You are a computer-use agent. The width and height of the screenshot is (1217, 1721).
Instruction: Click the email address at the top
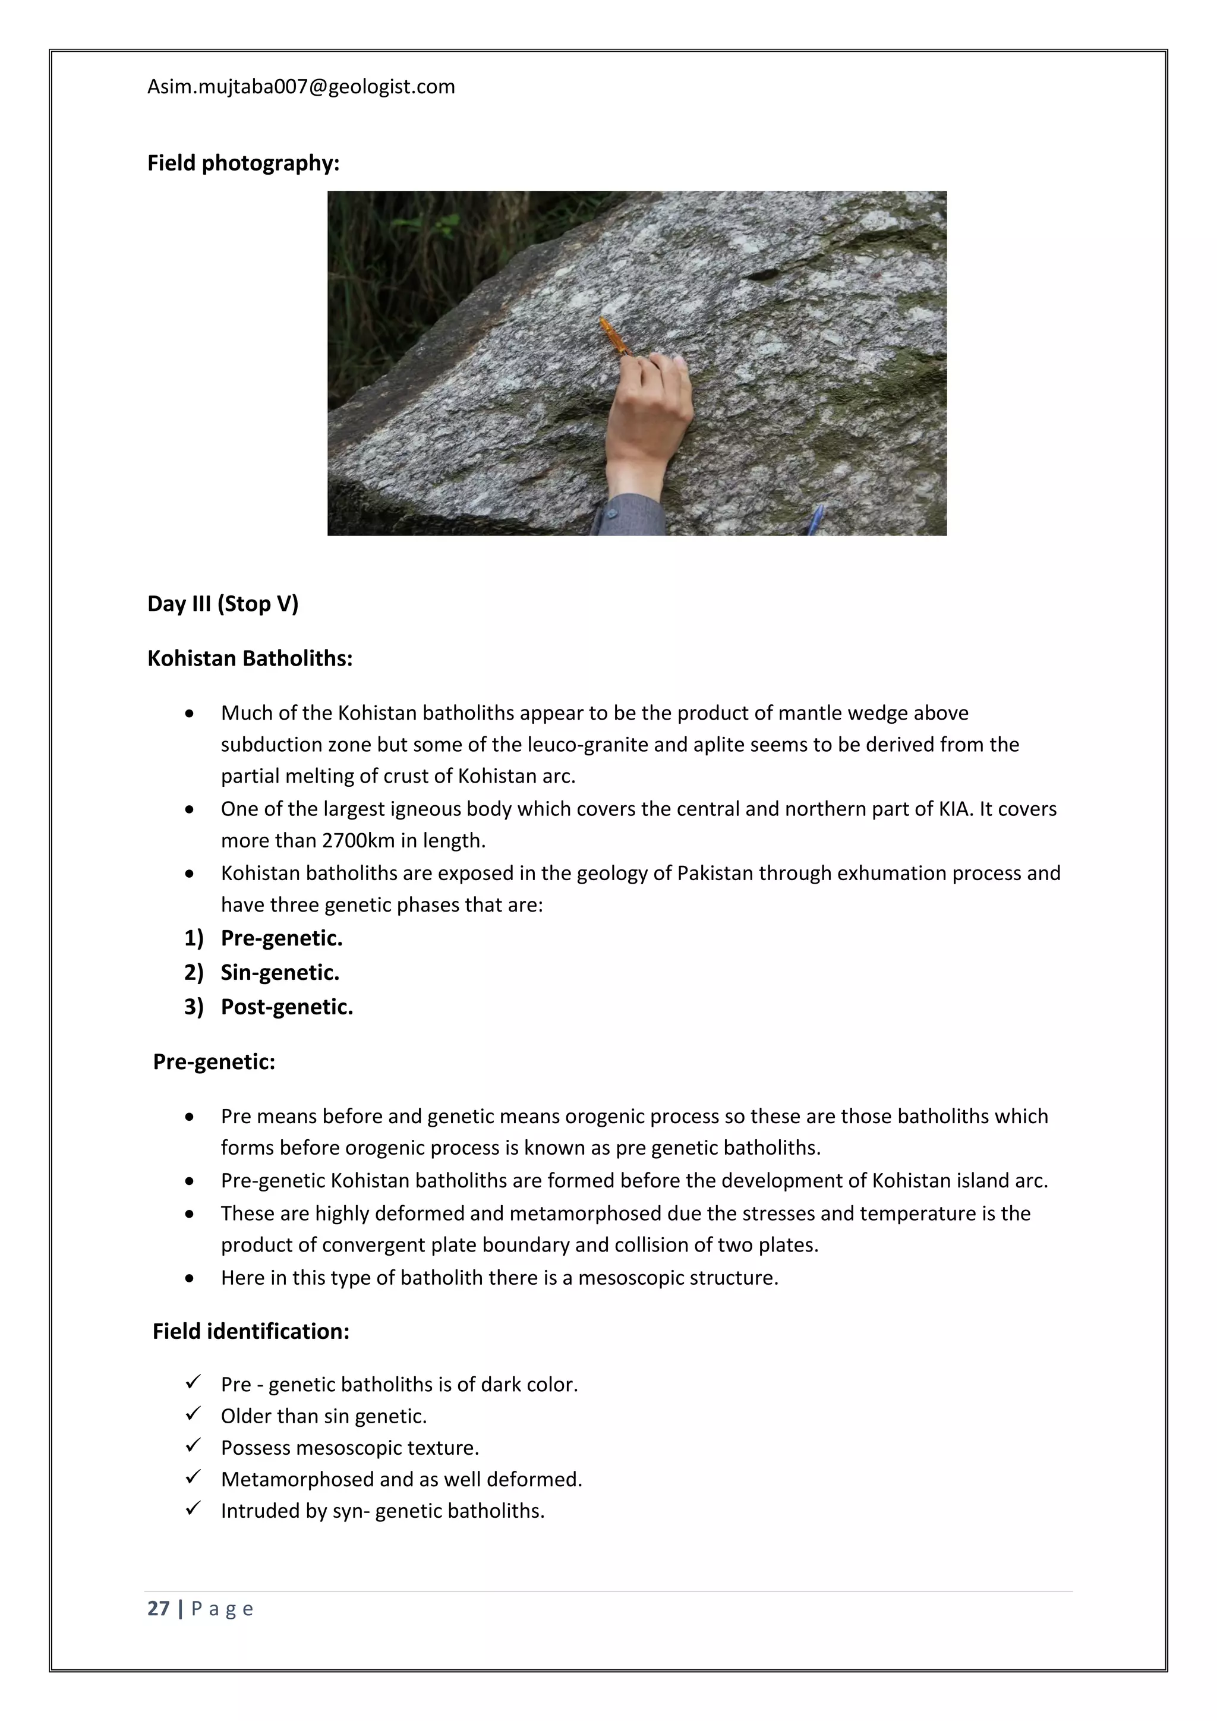point(301,87)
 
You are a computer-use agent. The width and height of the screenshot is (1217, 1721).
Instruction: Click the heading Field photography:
point(243,163)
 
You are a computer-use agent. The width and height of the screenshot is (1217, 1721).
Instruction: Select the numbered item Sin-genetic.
point(279,972)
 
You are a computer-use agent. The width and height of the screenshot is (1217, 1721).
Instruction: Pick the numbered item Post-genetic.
point(286,1007)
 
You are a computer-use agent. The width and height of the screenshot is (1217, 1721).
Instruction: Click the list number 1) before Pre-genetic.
point(193,938)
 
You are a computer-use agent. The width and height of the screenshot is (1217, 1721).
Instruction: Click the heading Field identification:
point(250,1331)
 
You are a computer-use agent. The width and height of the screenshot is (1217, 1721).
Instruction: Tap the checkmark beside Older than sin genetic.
point(193,1414)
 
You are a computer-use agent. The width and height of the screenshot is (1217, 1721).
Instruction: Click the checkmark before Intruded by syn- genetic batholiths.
point(193,1509)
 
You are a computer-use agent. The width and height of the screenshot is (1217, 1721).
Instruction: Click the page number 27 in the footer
point(158,1609)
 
